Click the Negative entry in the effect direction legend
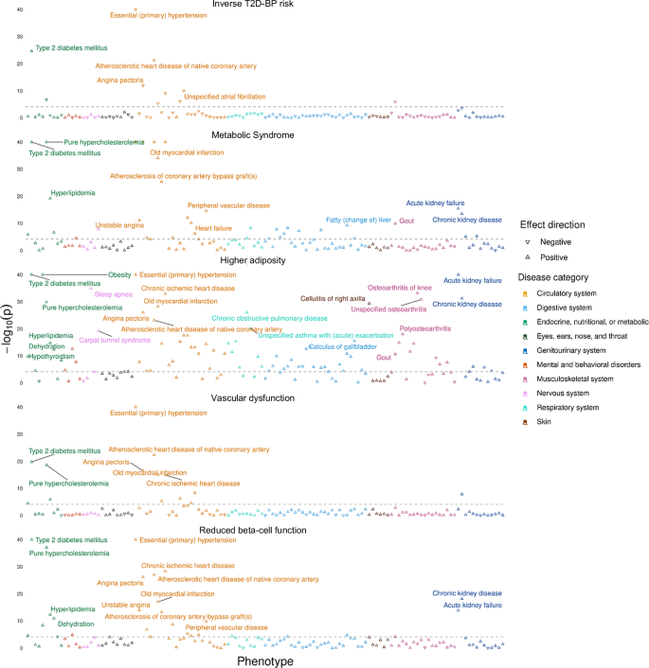pos(559,242)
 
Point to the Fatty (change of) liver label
pos(359,220)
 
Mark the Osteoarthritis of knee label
pos(400,287)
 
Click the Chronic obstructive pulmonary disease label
pos(269,319)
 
